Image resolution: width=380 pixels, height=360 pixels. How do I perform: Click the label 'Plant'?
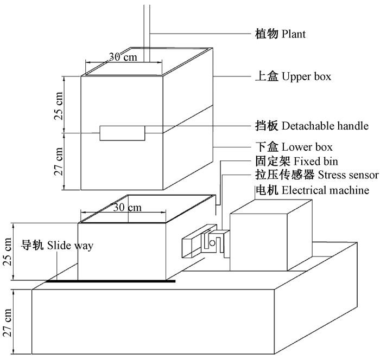click(x=294, y=34)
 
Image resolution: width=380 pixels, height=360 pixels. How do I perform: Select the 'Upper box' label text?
click(x=306, y=77)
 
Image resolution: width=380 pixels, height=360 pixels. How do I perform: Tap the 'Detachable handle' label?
click(x=325, y=126)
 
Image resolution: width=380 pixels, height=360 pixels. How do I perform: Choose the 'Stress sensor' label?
click(x=348, y=175)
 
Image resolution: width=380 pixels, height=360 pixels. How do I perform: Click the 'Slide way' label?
click(x=69, y=246)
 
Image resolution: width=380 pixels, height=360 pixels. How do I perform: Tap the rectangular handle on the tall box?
click(x=122, y=133)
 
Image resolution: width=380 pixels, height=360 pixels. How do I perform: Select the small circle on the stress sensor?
click(x=213, y=244)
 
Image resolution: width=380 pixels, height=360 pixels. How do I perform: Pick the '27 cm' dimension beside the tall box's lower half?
click(x=59, y=161)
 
